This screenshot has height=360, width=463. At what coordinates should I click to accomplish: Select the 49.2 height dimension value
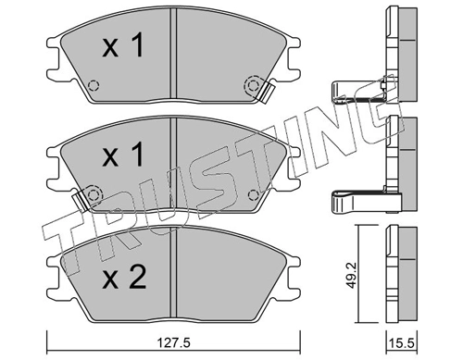pyautogui.click(x=352, y=275)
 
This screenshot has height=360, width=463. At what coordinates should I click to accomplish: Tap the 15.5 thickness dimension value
pyautogui.click(x=402, y=343)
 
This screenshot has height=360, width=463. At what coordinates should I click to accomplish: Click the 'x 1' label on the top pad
pyautogui.click(x=123, y=46)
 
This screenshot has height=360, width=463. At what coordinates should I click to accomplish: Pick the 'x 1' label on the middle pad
pyautogui.click(x=123, y=155)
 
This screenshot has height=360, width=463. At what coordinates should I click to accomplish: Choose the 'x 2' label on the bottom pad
pyautogui.click(x=124, y=278)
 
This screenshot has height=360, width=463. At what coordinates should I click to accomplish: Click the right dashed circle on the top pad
pyautogui.click(x=253, y=85)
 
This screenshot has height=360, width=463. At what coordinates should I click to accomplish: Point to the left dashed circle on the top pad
pyautogui.click(x=94, y=85)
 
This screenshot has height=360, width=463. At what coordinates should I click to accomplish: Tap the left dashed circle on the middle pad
pyautogui.click(x=93, y=194)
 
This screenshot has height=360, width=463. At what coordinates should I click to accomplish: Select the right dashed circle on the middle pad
pyautogui.click(x=253, y=194)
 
